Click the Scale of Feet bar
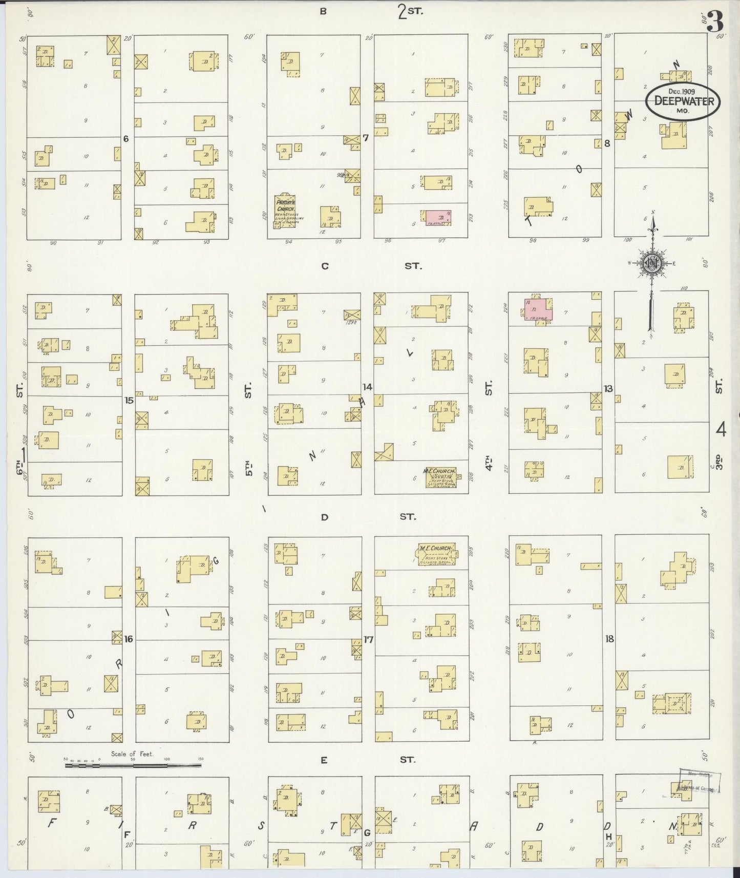pyautogui.click(x=133, y=765)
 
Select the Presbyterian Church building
pyautogui.click(x=285, y=210)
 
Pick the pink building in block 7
pyautogui.click(x=436, y=217)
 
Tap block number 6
pyautogui.click(x=126, y=139)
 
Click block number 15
pyautogui.click(x=129, y=400)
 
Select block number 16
pyautogui.click(x=129, y=639)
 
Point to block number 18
pyautogui.click(x=609, y=639)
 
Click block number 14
pyautogui.click(x=367, y=387)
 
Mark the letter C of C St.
pyautogui.click(x=324, y=266)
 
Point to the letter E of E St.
pyautogui.click(x=324, y=760)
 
